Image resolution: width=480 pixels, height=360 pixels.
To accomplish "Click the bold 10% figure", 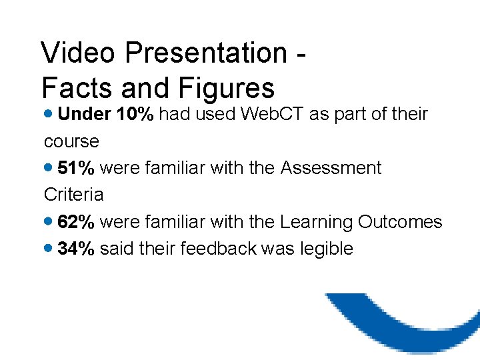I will [135, 114].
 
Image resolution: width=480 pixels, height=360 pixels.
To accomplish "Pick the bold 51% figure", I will [76, 168].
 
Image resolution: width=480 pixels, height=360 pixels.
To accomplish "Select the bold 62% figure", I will [76, 221].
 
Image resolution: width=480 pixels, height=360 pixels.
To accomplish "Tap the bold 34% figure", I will [76, 249].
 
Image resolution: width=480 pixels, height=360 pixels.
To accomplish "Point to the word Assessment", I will [331, 168].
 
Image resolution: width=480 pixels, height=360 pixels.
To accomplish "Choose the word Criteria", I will [73, 195].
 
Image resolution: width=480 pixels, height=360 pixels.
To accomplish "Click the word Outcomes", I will [400, 221].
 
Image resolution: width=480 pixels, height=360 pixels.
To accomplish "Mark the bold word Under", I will [85, 114].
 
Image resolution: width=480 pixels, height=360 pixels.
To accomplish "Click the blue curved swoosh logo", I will [407, 320].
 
